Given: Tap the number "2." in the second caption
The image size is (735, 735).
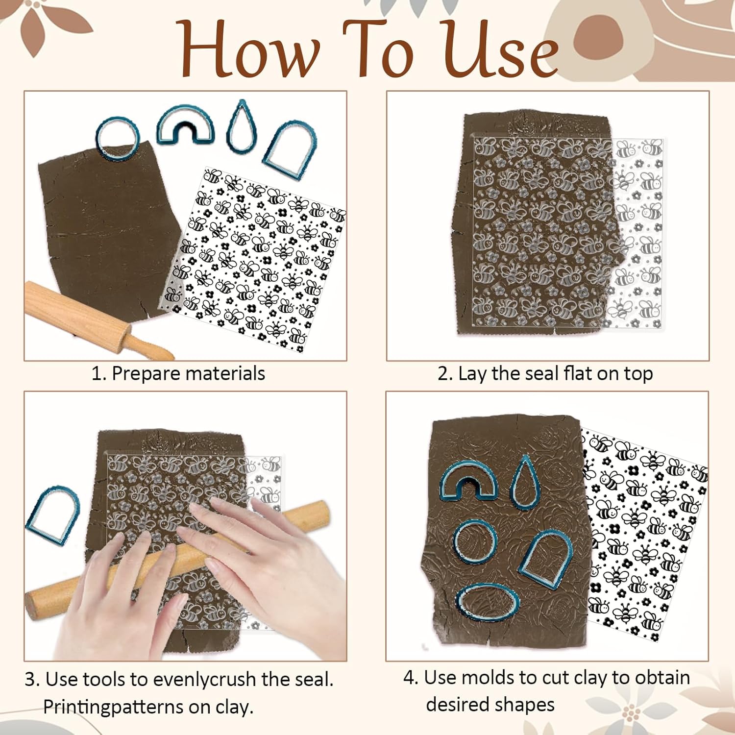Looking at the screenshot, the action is coord(445,374).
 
